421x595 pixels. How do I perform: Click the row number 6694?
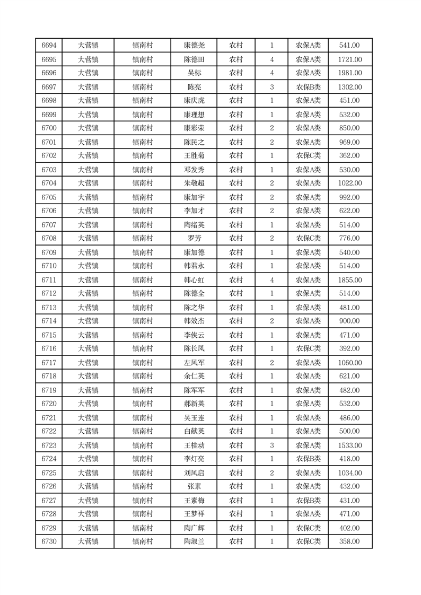click(x=49, y=46)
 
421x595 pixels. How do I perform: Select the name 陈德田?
click(x=194, y=59)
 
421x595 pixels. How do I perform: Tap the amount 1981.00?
click(x=350, y=73)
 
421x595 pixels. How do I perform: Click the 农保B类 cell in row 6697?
click(x=308, y=87)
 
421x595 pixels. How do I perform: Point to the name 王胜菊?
click(x=194, y=156)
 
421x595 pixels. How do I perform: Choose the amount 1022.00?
click(x=350, y=183)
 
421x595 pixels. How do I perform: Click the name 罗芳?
click(x=194, y=239)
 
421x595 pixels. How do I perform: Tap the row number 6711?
click(x=49, y=280)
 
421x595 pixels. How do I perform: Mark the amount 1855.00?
click(x=350, y=280)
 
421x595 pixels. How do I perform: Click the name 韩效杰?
click(x=194, y=321)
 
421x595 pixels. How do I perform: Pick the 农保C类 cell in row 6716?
click(x=308, y=349)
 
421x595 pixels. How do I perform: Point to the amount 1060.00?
click(x=350, y=363)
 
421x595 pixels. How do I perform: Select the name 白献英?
click(x=194, y=432)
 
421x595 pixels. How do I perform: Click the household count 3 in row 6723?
click(x=272, y=445)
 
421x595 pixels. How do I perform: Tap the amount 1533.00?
click(x=350, y=445)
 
